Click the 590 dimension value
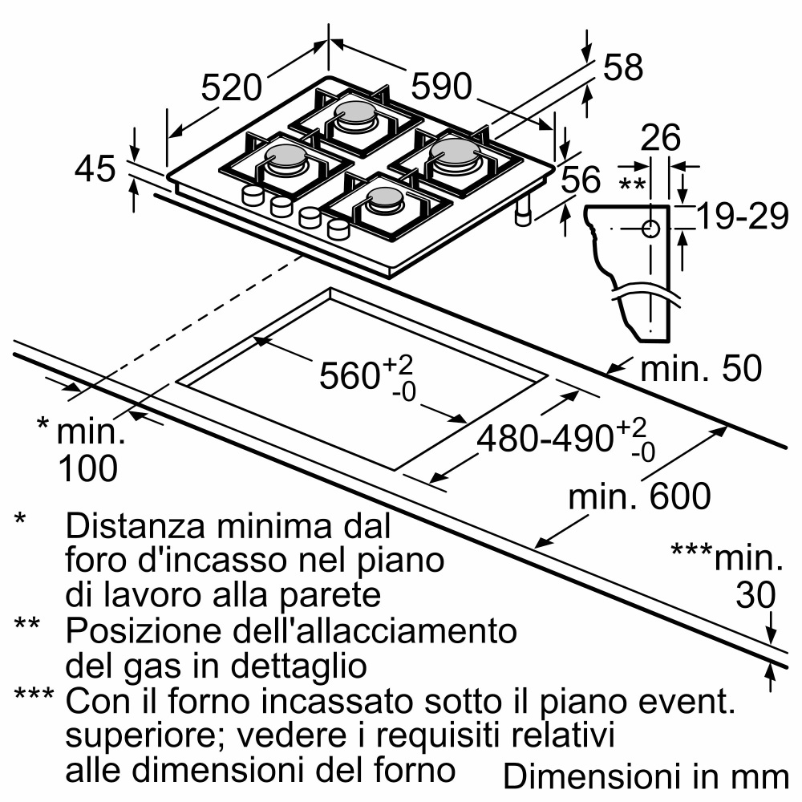click(x=442, y=87)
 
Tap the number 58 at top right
click(x=622, y=68)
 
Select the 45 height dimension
click(x=95, y=169)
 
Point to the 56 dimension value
click(x=580, y=180)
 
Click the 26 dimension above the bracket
click(x=661, y=138)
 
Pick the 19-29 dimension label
click(x=742, y=217)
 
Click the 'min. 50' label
click(x=700, y=369)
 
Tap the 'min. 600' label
click(x=639, y=497)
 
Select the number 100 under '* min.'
click(x=87, y=468)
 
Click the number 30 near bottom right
click(x=755, y=595)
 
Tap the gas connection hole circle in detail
click(x=650, y=229)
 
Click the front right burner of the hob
click(x=384, y=200)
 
